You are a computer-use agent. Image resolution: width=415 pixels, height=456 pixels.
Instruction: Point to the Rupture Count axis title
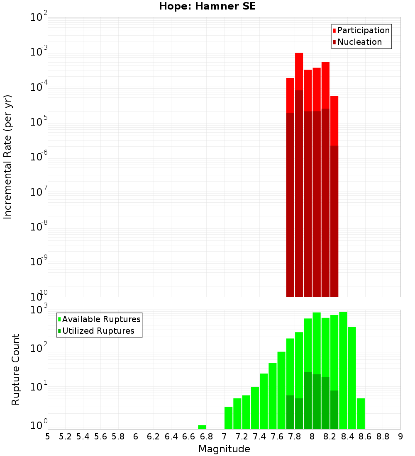point(16,369)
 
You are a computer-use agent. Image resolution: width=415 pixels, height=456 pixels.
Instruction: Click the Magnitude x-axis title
point(224,449)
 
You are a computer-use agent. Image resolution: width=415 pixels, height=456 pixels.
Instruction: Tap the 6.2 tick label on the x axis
point(153,437)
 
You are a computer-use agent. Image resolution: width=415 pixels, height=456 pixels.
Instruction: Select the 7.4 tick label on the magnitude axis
point(259,437)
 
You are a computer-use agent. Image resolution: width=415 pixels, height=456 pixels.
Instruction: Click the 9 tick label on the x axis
point(400,437)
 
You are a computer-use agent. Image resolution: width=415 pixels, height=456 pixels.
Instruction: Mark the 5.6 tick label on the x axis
point(100,437)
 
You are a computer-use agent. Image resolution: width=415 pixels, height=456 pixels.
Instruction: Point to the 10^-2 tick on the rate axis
point(39,18)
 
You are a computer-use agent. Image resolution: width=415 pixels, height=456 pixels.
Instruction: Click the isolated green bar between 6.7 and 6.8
point(202,427)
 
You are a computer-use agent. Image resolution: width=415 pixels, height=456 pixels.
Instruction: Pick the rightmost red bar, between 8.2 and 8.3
point(334,120)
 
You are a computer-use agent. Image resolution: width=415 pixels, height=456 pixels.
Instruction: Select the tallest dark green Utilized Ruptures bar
point(308,400)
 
